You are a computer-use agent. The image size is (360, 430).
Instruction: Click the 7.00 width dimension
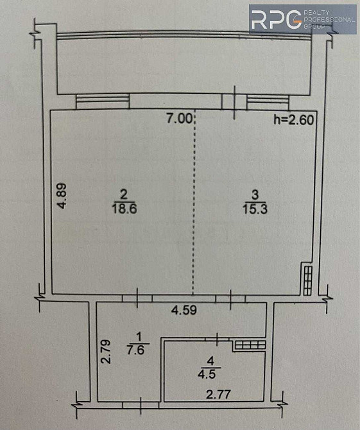(x=179, y=119)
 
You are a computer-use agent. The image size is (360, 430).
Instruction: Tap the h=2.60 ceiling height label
(x=294, y=120)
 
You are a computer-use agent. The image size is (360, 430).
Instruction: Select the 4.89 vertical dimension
(x=62, y=196)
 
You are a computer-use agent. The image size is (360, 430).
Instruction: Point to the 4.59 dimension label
(x=184, y=310)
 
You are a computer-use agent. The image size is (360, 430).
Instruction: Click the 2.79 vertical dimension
(x=105, y=352)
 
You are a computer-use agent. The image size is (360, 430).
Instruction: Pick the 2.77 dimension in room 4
(x=218, y=395)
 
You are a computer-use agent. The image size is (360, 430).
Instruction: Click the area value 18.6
(x=124, y=209)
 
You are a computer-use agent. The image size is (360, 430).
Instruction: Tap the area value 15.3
(x=255, y=209)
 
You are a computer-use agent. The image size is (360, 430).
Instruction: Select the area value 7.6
(x=135, y=350)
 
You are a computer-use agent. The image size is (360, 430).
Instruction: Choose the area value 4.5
(x=207, y=374)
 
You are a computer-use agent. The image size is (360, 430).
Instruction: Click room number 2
(x=124, y=194)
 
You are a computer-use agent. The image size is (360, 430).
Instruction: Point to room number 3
(x=255, y=194)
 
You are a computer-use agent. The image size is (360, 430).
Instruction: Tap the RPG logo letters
(x=276, y=19)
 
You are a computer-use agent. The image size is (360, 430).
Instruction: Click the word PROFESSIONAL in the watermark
(x=329, y=19)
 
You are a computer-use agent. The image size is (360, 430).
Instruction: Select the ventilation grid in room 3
(x=308, y=281)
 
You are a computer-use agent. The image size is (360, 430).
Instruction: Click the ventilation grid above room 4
(x=250, y=345)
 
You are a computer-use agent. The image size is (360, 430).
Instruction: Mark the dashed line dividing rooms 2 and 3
(x=194, y=202)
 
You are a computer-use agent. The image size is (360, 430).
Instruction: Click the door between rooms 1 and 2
(x=137, y=298)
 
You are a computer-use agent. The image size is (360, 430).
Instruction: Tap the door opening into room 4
(x=217, y=339)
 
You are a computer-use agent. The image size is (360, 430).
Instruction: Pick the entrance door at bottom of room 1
(x=141, y=406)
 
